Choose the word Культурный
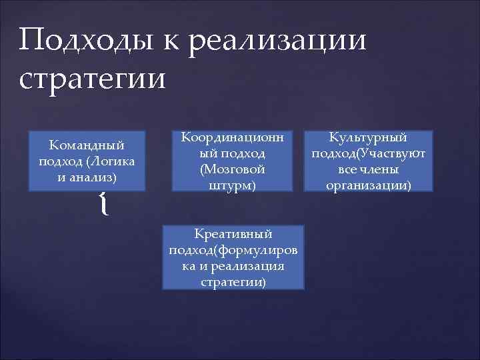[x=369, y=137]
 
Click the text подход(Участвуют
[x=369, y=153]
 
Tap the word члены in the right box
[x=383, y=169]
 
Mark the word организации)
[x=369, y=186]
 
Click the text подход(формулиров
[x=233, y=250]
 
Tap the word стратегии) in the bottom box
[x=233, y=283]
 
